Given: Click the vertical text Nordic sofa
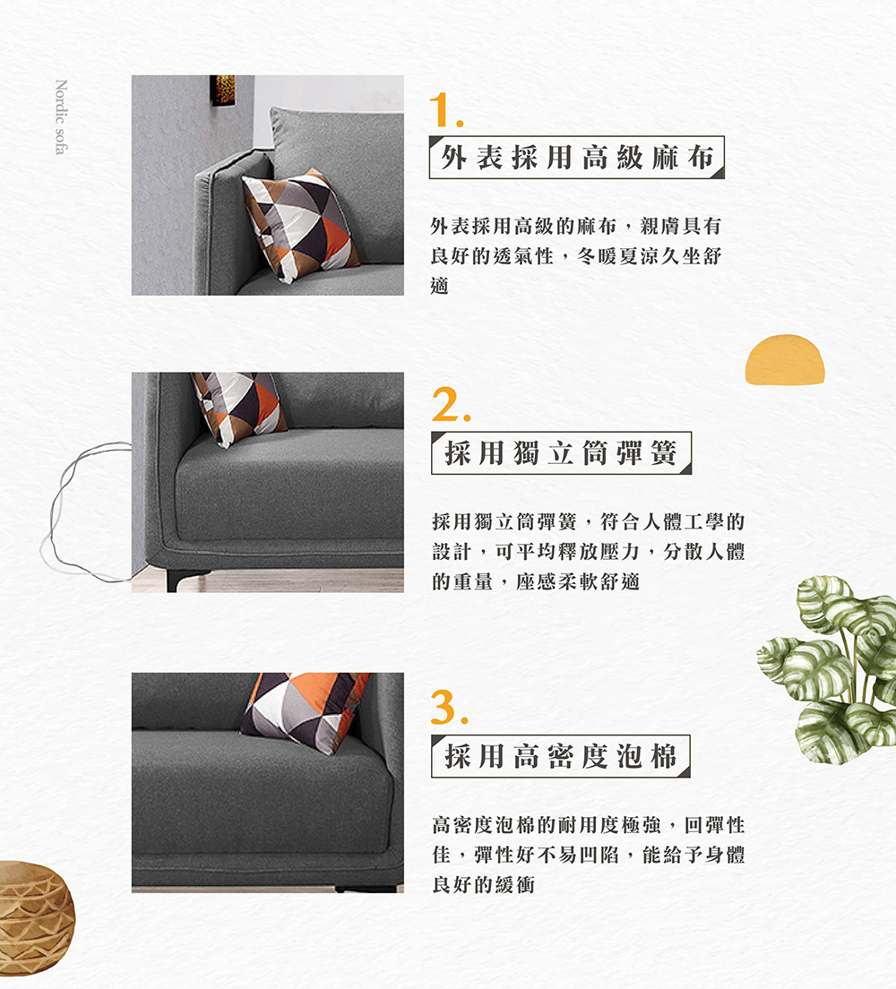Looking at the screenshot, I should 60,117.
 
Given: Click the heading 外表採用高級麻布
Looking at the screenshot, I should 577,158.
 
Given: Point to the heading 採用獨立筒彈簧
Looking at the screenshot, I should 561,453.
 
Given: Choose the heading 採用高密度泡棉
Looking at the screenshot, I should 561,755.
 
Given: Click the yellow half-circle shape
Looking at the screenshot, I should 784,360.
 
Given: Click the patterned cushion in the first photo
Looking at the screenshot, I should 299,224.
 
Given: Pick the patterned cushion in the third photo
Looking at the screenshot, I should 305,712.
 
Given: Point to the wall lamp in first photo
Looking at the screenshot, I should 222,90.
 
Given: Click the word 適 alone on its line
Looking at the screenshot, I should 439,286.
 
